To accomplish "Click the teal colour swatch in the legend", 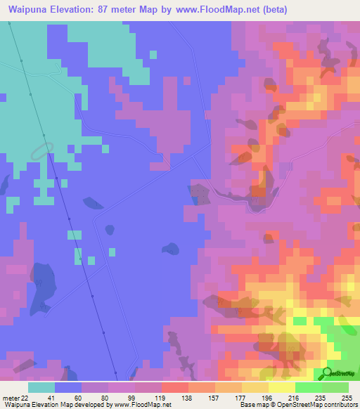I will [x=41, y=387].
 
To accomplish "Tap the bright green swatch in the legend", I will [x=309, y=387].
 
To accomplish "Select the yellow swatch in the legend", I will [x=281, y=387].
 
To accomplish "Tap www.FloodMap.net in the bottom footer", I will [x=142, y=405].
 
